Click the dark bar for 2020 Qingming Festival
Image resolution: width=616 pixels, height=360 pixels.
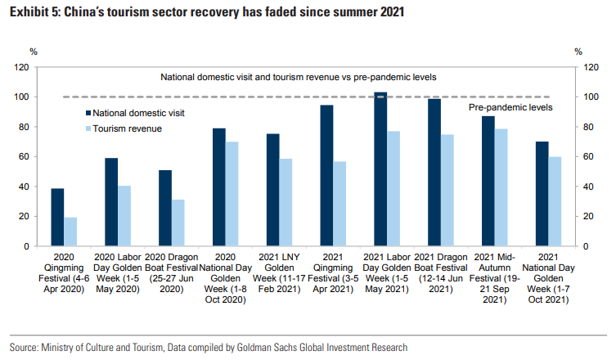(x=57, y=218)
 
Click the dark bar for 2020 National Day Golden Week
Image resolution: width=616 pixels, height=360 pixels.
(x=218, y=187)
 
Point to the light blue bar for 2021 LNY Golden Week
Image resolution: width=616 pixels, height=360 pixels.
(x=286, y=202)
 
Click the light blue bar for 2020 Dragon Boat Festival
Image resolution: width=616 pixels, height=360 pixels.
(x=178, y=223)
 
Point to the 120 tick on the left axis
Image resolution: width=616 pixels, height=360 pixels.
(x=24, y=67)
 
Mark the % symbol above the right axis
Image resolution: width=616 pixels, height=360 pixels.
(x=578, y=52)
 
